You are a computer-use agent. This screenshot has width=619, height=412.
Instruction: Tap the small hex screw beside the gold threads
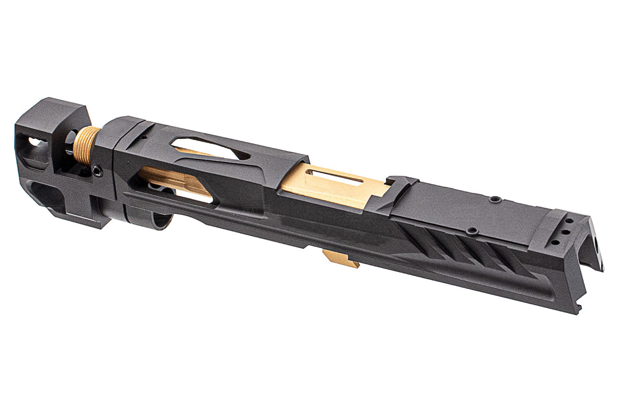(97, 170)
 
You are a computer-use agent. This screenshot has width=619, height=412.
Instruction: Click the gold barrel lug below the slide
(341, 260)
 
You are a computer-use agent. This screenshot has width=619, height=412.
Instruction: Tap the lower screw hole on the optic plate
(473, 231)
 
